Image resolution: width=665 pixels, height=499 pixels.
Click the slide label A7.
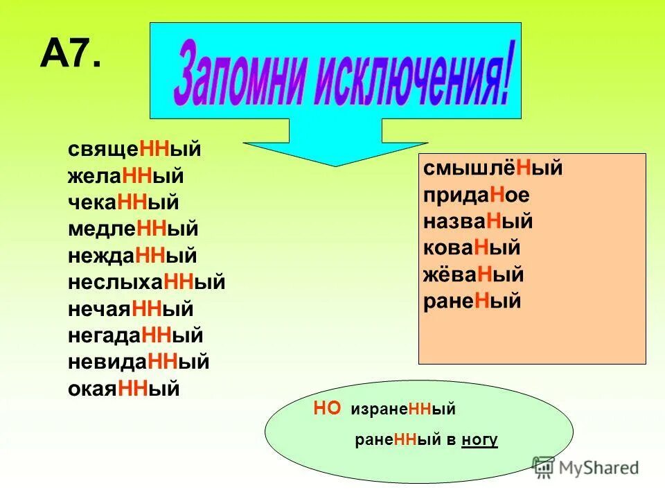71,53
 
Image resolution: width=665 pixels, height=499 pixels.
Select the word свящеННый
134,150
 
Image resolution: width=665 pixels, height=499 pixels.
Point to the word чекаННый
124,202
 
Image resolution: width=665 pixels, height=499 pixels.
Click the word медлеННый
133,229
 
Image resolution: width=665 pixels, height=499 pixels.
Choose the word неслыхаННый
147,283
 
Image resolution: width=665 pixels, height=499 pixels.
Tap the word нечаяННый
131,309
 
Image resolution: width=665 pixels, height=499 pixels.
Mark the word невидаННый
139,362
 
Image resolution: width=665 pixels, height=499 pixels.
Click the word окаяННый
124,389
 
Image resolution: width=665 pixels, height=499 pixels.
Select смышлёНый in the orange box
493,168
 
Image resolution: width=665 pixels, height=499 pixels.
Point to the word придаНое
477,195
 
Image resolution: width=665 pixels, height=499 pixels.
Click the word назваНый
478,222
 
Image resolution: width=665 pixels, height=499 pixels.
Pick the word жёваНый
473,275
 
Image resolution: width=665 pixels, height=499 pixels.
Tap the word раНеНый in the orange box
472,302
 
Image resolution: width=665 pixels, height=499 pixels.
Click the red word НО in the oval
327,409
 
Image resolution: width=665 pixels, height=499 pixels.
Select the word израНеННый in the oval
403,410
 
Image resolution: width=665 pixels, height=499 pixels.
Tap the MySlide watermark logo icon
544,466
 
